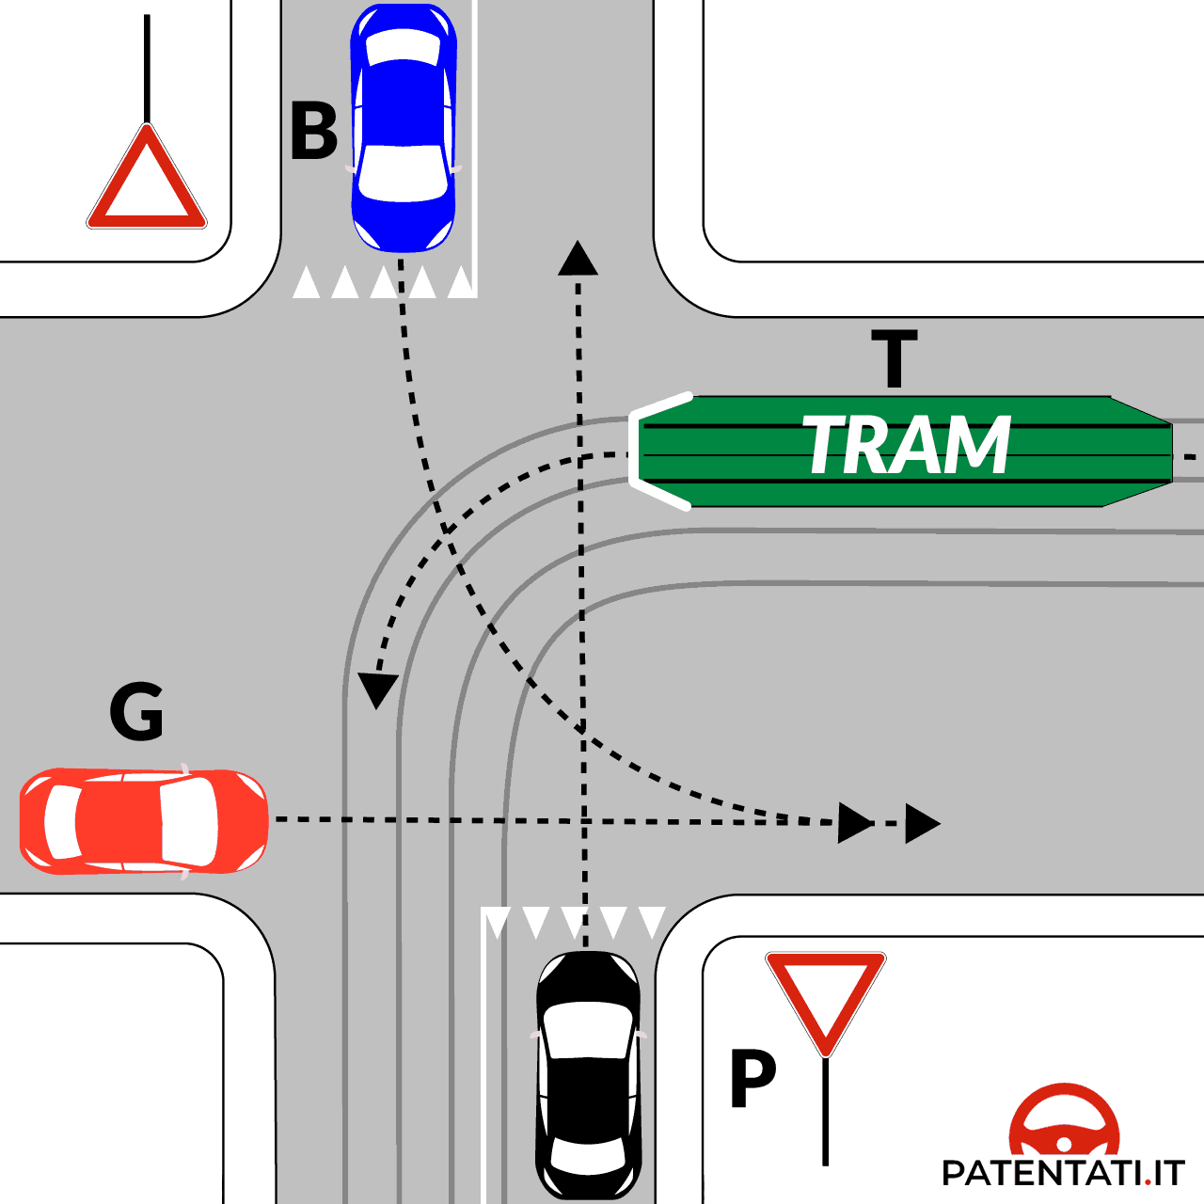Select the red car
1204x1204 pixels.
click(143, 820)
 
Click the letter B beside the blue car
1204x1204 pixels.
click(313, 132)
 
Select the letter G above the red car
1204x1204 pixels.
click(137, 712)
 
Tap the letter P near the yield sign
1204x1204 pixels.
click(752, 1080)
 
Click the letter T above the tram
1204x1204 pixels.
click(894, 358)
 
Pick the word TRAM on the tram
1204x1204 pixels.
click(907, 446)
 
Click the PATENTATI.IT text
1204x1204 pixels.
click(1063, 1173)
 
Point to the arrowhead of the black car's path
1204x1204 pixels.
click(578, 258)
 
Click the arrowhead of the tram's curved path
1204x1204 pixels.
click(378, 690)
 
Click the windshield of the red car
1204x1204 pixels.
click(188, 820)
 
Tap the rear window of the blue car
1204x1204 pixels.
click(404, 47)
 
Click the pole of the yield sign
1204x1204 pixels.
click(825, 1110)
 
